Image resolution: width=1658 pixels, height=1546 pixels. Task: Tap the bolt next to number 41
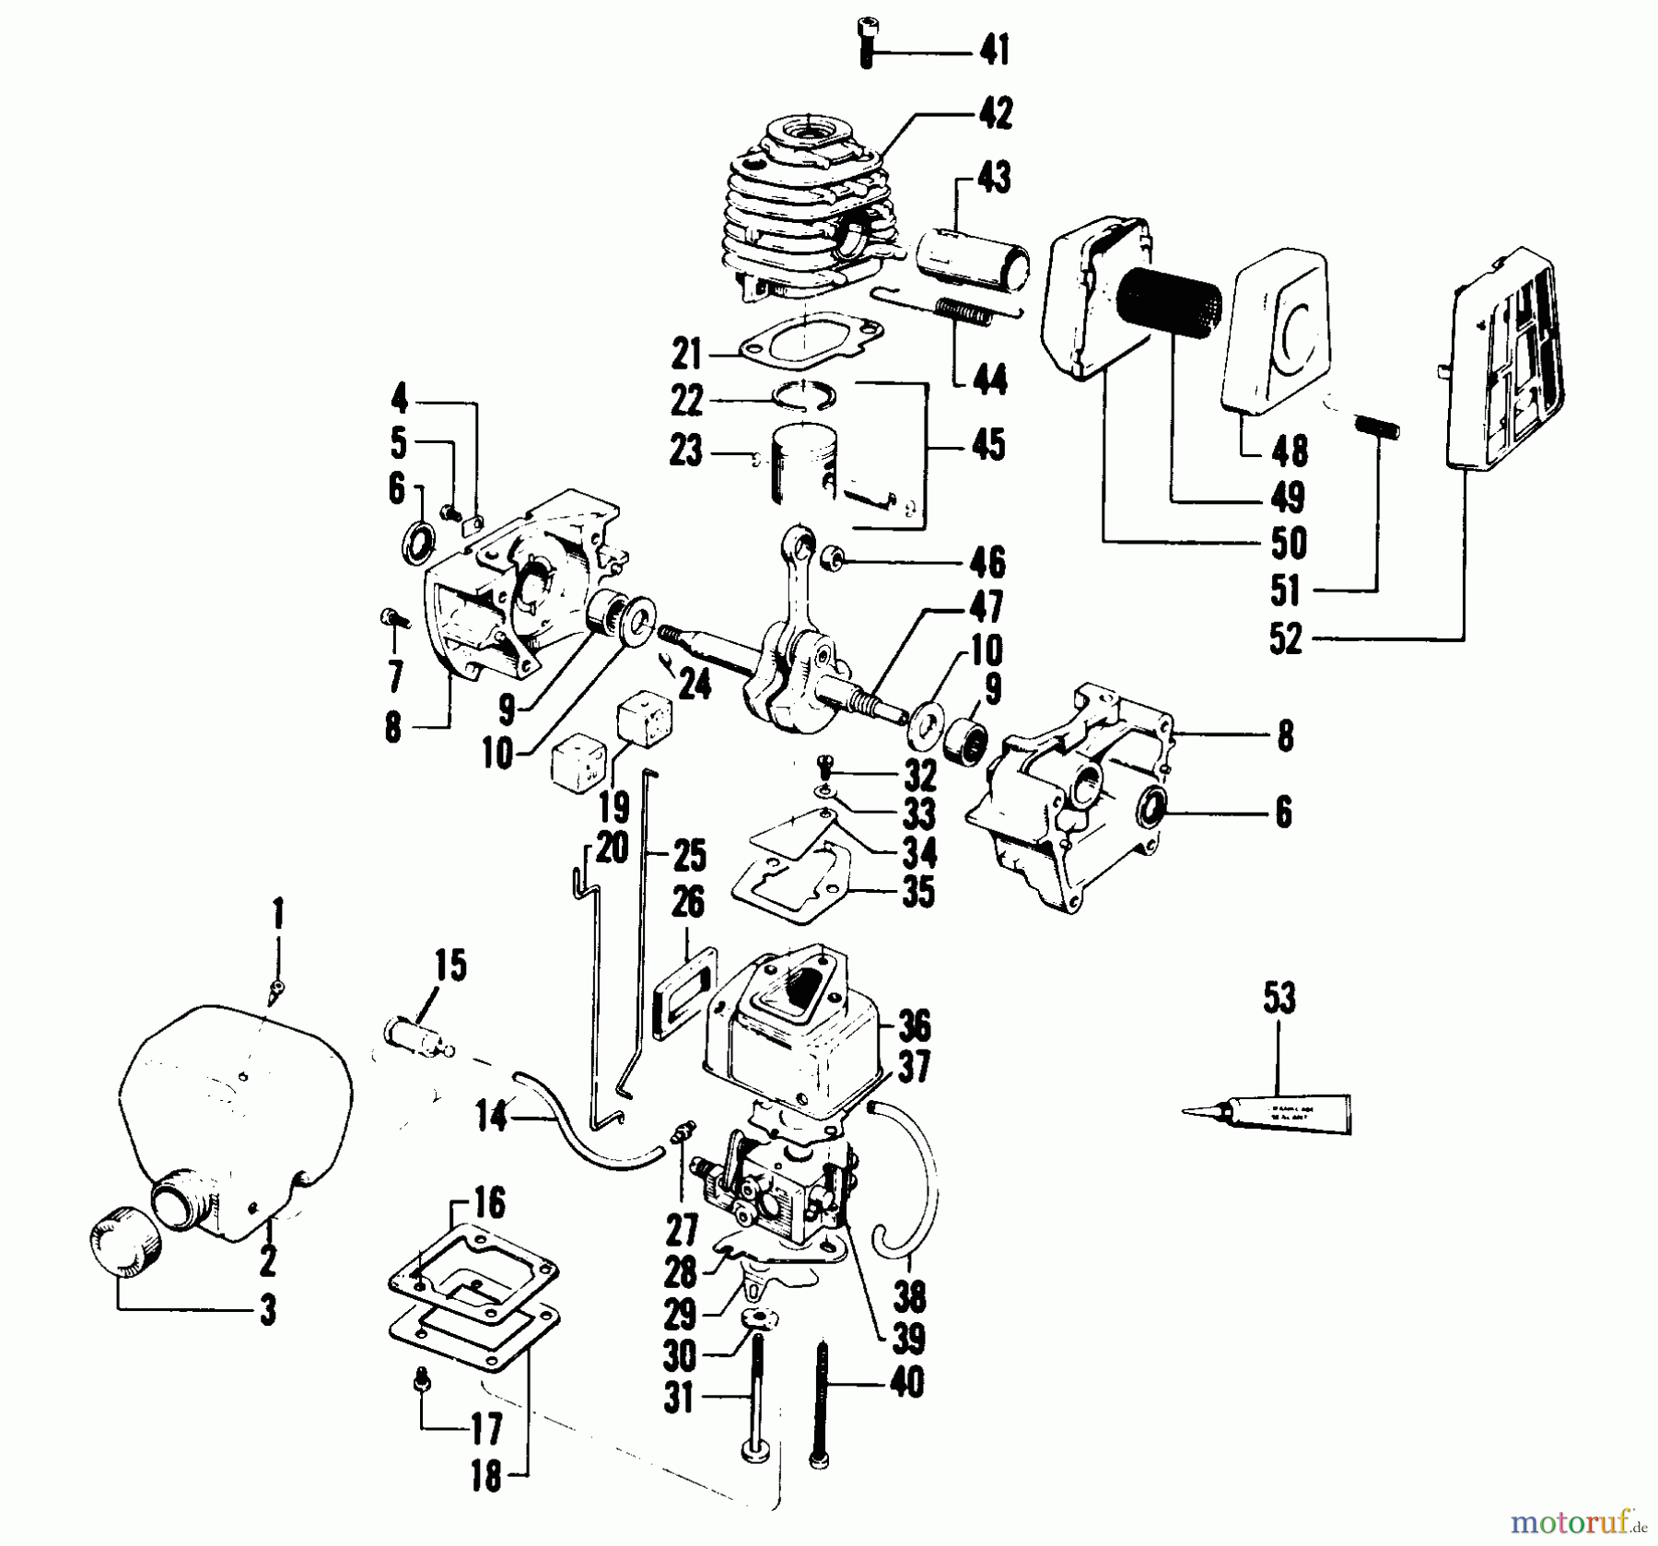tap(866, 41)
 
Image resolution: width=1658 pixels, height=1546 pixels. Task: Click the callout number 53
tap(1279, 998)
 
